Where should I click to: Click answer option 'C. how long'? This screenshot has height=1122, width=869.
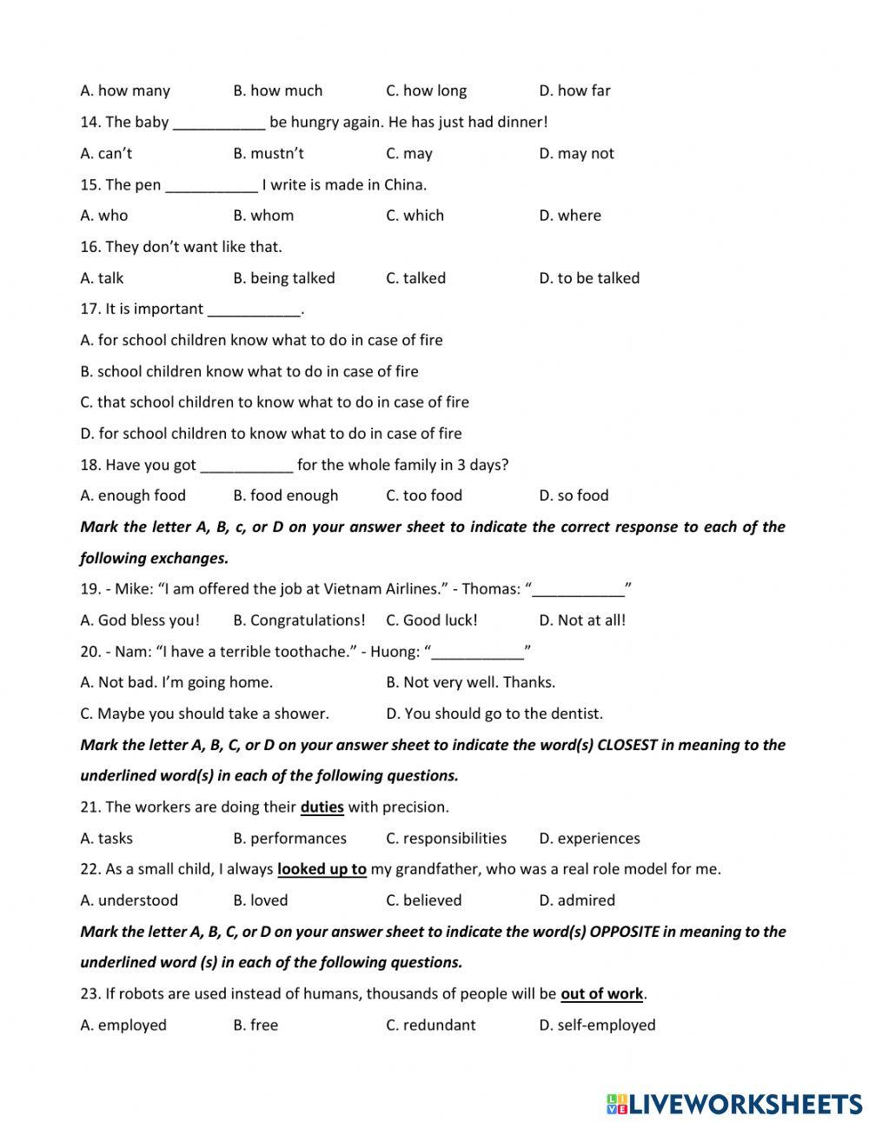(x=426, y=90)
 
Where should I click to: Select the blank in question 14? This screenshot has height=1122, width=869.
(x=218, y=123)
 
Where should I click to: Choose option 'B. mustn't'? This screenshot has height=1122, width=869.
(x=269, y=153)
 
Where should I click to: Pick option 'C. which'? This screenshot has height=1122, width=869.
(x=415, y=216)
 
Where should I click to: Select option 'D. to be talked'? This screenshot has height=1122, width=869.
(x=588, y=278)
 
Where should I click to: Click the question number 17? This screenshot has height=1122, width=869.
(x=90, y=309)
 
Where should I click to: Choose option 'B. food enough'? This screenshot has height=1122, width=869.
(x=285, y=495)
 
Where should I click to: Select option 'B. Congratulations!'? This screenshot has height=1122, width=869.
(x=299, y=621)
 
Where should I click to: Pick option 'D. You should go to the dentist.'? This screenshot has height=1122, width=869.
(x=494, y=714)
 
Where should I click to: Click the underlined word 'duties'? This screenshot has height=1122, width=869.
(x=322, y=807)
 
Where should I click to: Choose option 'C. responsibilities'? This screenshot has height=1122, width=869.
(x=446, y=839)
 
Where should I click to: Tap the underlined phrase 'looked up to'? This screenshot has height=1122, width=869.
(x=322, y=869)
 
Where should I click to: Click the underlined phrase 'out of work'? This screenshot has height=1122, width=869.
(x=601, y=993)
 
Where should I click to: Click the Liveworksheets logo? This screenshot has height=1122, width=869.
(x=733, y=1104)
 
